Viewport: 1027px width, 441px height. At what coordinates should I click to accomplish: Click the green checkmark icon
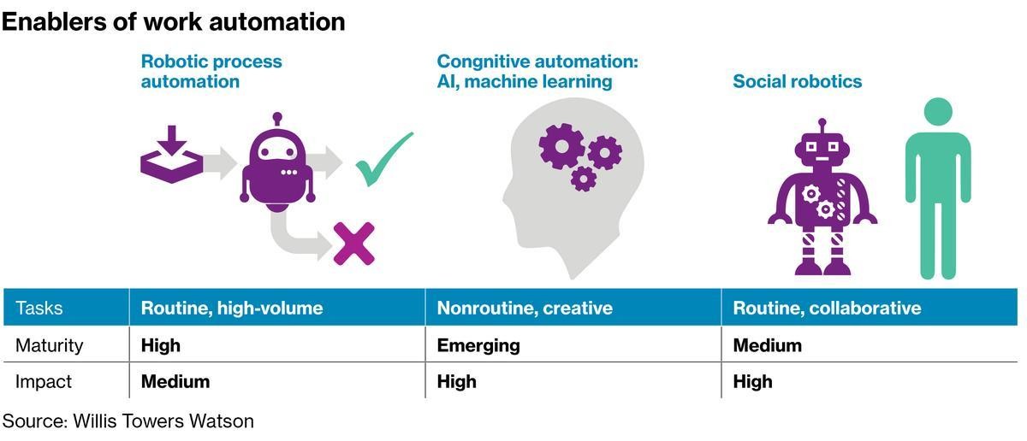coord(383,159)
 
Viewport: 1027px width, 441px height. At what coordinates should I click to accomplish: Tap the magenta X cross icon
coord(353,244)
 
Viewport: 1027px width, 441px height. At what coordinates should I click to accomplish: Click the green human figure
coord(937,188)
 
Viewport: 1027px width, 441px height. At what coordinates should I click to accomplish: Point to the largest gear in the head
coord(561,146)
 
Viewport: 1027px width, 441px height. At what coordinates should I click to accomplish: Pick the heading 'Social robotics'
coord(797,82)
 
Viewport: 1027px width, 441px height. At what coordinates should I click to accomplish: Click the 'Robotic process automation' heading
coord(211,72)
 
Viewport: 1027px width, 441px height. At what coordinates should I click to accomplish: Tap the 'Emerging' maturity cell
coord(478,345)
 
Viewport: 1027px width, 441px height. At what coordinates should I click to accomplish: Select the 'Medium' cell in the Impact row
coord(175,381)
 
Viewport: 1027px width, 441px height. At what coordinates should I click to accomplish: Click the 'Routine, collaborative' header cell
coord(827,308)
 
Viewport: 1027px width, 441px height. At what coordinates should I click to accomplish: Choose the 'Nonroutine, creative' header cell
coord(525,308)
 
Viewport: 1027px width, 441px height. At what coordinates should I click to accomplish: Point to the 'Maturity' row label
coord(50,345)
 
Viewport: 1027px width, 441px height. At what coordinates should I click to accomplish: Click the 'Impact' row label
coord(44,381)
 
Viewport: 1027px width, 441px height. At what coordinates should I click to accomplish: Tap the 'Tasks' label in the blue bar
coord(39,308)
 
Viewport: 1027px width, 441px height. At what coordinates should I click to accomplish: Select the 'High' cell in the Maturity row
coord(160,345)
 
